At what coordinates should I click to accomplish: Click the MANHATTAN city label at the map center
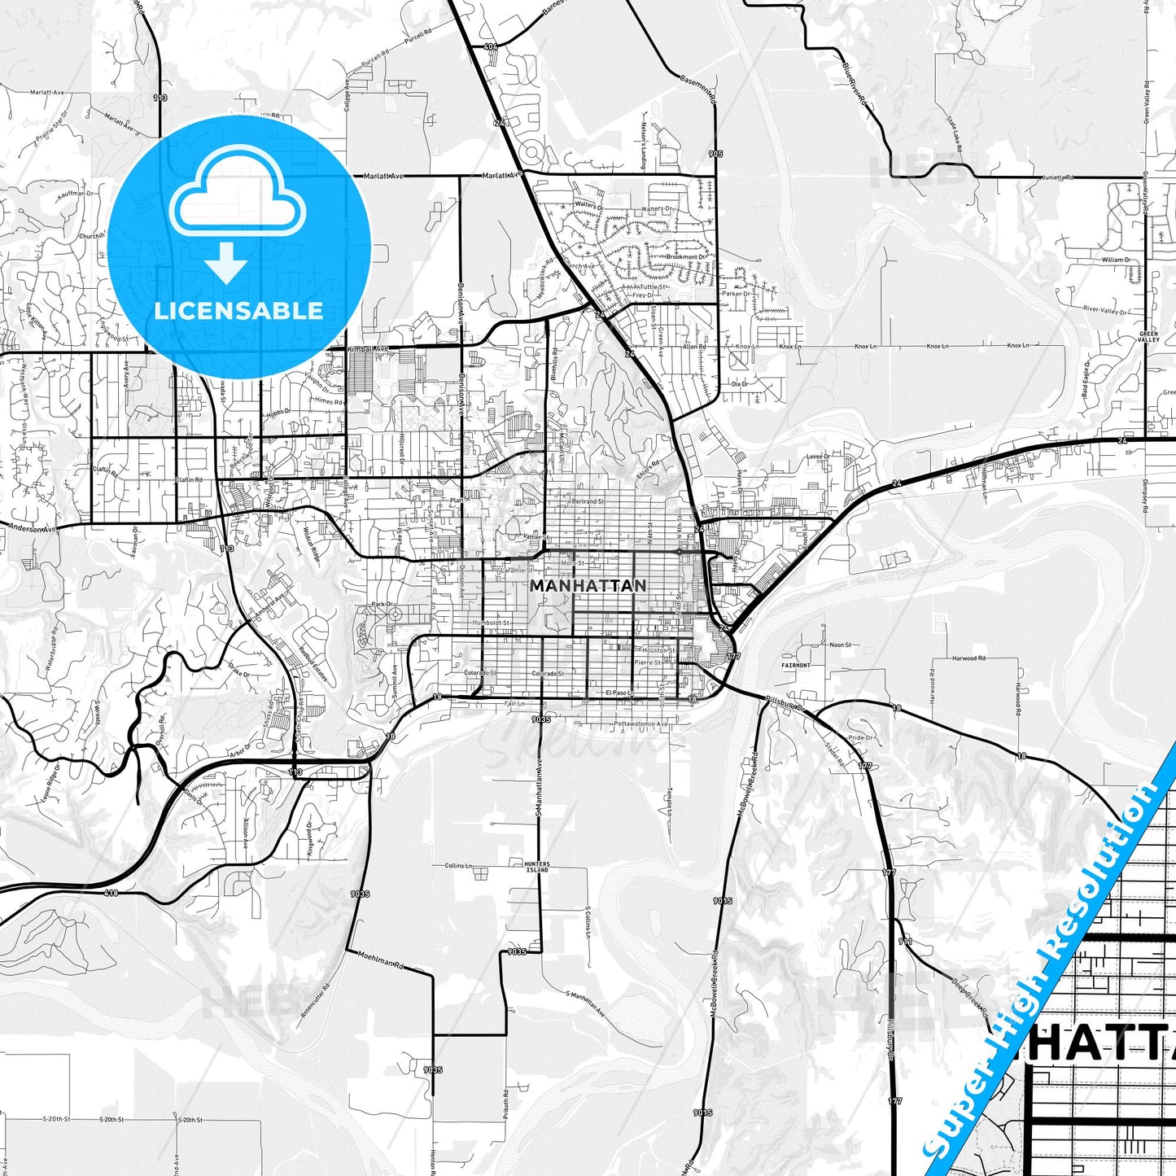tap(588, 585)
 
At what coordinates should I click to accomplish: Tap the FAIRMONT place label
tap(796, 665)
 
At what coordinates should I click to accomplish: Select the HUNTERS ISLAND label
tap(537, 867)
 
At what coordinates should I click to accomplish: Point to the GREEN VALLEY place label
tap(1148, 337)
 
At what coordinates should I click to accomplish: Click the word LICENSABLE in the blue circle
tap(238, 310)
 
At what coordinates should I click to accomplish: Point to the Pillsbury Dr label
tap(785, 704)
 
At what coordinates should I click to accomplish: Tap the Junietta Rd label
tap(1058, 177)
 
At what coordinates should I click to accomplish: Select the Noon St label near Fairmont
tap(839, 645)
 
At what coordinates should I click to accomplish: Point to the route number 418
tap(111, 893)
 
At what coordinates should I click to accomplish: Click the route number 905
tap(715, 154)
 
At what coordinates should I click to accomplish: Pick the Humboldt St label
tap(492, 623)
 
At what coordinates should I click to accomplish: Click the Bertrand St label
tap(588, 501)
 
